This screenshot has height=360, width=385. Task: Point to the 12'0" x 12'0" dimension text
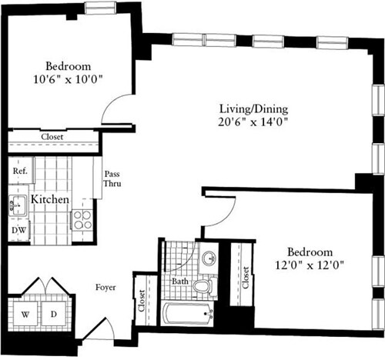click(310, 265)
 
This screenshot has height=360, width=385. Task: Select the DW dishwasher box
click(18, 228)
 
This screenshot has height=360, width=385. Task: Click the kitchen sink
click(16, 203)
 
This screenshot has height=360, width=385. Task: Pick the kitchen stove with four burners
click(82, 219)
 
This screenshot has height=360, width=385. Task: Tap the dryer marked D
click(54, 314)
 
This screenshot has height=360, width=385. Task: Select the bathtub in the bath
click(188, 313)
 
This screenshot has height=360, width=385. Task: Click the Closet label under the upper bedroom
click(52, 137)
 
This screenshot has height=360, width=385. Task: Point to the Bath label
click(179, 282)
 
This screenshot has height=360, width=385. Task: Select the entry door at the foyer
click(99, 328)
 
